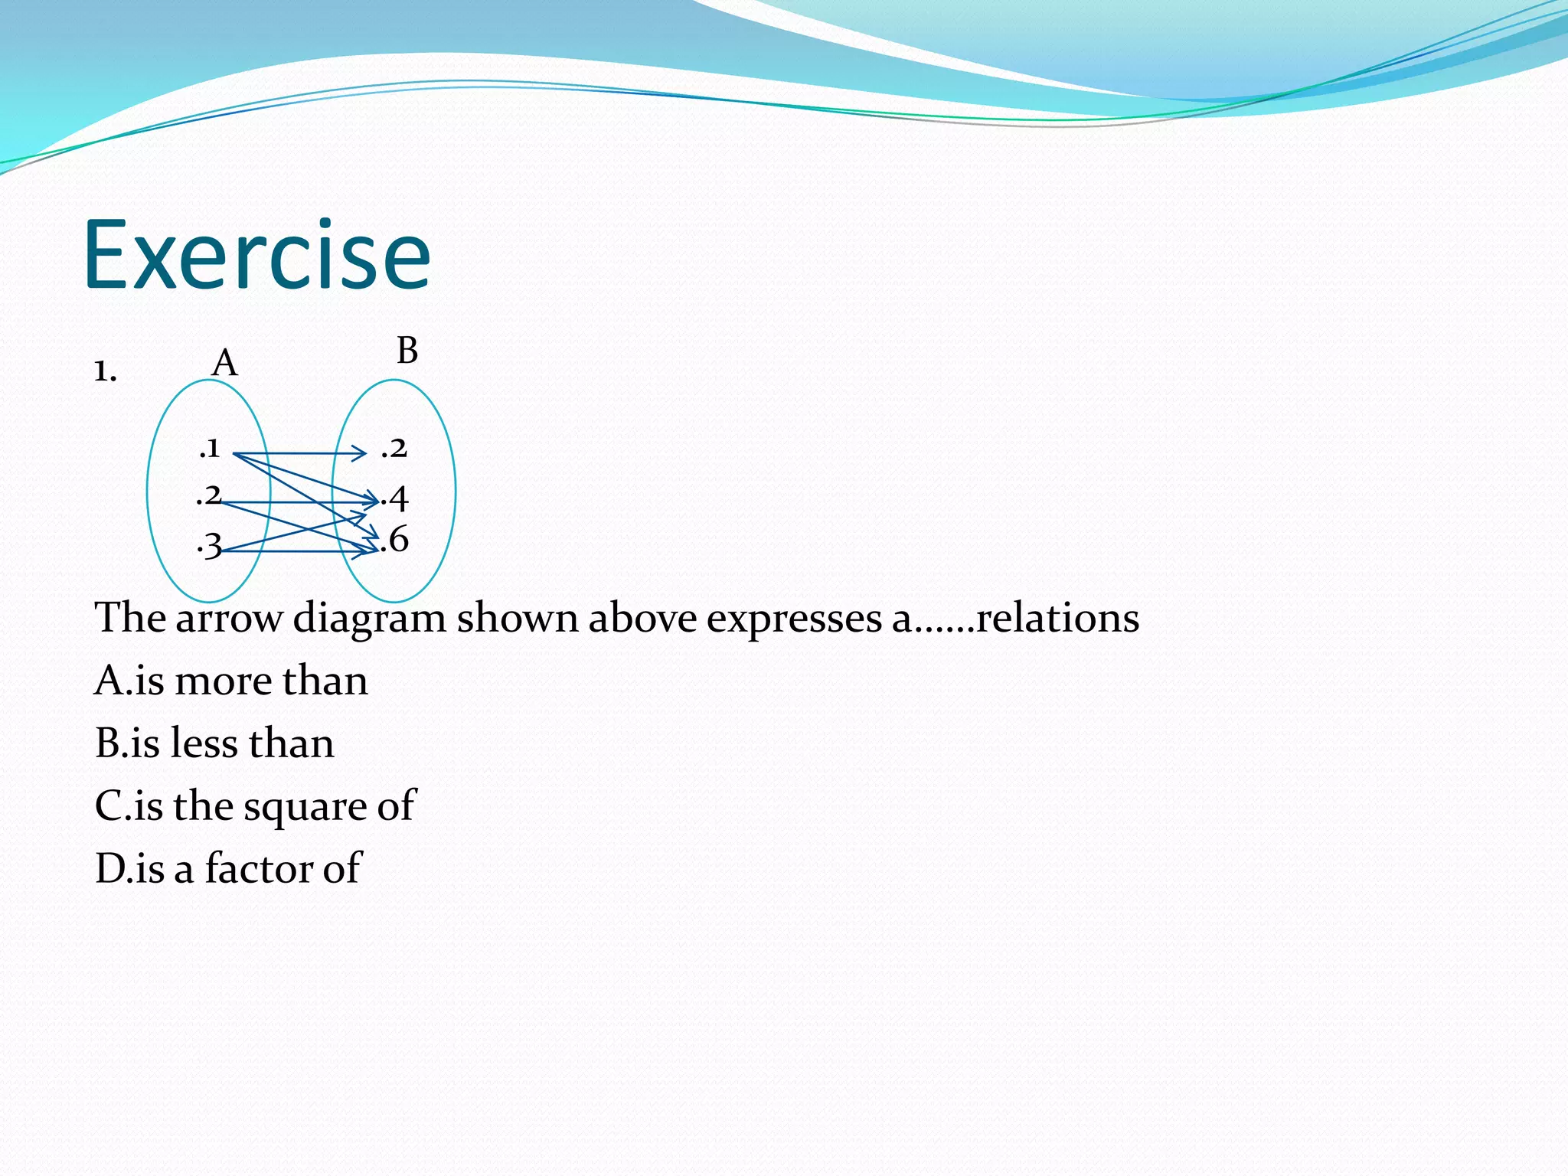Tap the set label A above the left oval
click(224, 362)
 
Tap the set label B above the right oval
click(407, 351)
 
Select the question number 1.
click(105, 371)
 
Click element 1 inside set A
click(210, 448)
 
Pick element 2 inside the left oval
click(208, 496)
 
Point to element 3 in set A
click(210, 546)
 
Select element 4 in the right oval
click(396, 499)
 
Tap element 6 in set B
click(396, 540)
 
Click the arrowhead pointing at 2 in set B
click(361, 454)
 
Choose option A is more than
click(230, 680)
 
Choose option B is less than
click(214, 743)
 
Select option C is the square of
click(254, 805)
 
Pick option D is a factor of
click(227, 868)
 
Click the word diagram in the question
click(369, 619)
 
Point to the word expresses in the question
click(793, 619)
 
